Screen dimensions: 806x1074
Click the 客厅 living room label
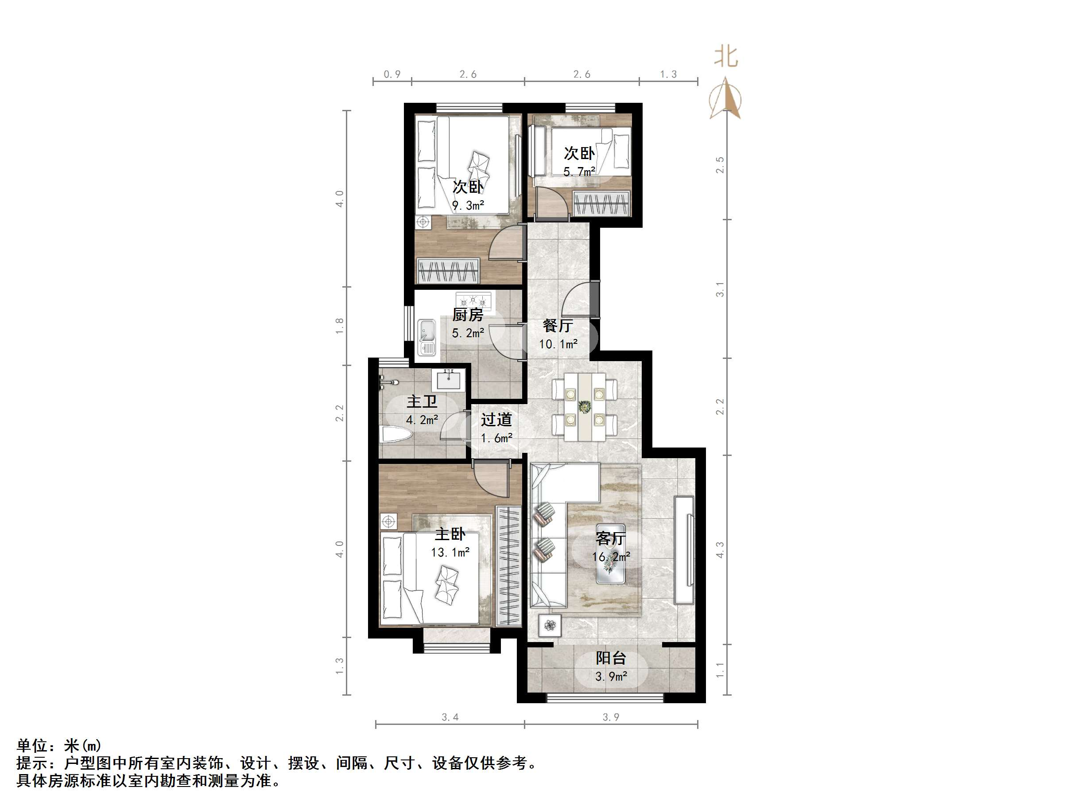(610, 538)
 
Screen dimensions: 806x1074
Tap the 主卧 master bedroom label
(450, 534)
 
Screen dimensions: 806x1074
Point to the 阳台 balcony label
(611, 658)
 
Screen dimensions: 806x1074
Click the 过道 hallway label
(496, 419)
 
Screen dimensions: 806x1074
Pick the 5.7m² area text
(579, 171)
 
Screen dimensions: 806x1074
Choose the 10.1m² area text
(558, 344)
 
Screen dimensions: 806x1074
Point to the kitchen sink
(427, 337)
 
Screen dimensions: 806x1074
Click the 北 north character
(726, 57)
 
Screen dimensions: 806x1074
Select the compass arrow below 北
(725, 99)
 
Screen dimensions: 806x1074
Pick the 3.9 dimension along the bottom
(611, 717)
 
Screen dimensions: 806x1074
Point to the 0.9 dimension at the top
(392, 74)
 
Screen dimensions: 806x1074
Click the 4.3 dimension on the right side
(720, 550)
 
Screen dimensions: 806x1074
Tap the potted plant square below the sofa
(550, 625)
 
